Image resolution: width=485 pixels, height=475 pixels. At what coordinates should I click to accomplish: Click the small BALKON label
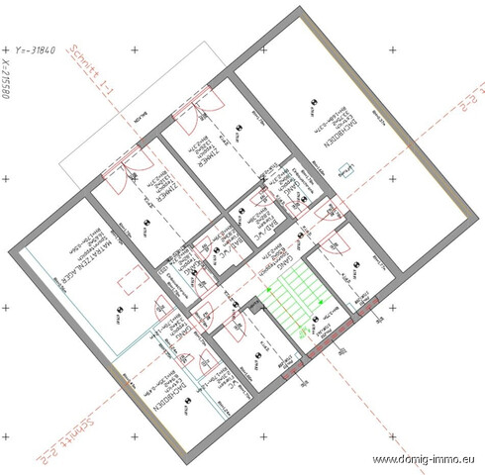(145, 117)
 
